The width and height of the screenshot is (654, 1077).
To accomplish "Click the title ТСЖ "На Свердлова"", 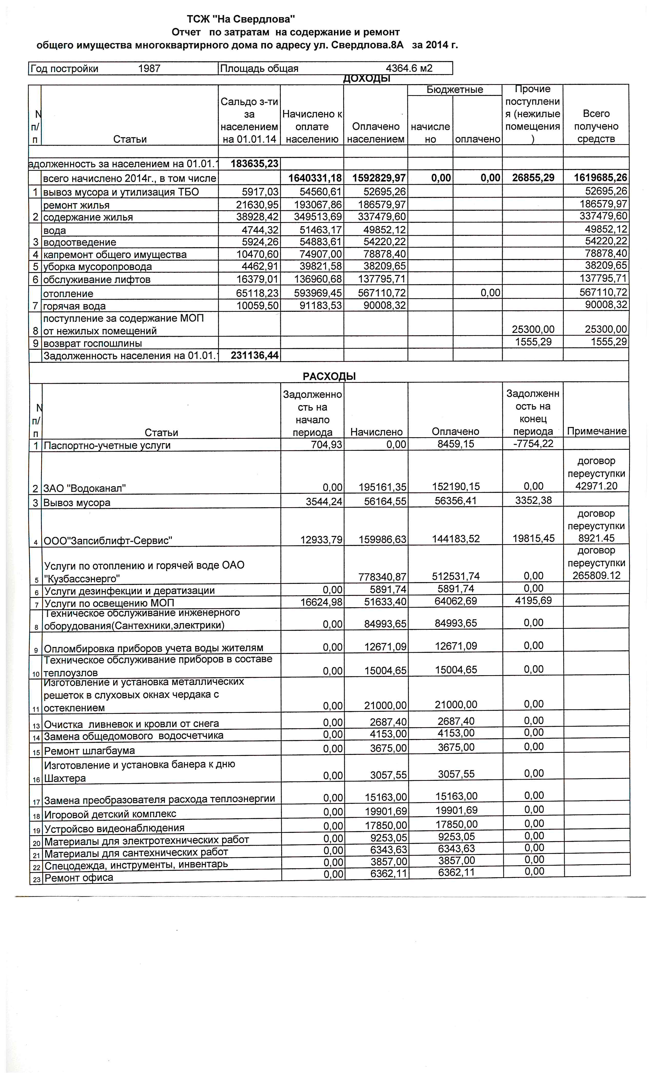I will pyautogui.click(x=241, y=19).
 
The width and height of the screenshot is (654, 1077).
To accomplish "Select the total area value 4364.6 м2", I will pyautogui.click(x=409, y=69).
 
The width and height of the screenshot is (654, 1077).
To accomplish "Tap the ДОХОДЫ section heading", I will pyautogui.click(x=366, y=79).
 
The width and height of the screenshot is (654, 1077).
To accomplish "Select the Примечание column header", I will pyautogui.click(x=596, y=431).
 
